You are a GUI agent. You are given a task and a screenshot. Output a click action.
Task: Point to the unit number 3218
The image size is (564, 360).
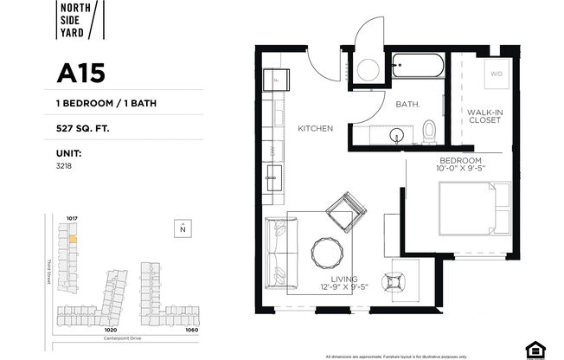(62, 164)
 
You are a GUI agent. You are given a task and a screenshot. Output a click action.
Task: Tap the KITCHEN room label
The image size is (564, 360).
(315, 129)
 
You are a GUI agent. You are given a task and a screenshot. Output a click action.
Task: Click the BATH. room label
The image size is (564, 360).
(407, 105)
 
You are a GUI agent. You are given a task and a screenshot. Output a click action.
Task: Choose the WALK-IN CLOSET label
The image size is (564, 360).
(485, 116)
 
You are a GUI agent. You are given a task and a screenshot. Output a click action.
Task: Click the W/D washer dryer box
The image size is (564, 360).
(497, 74)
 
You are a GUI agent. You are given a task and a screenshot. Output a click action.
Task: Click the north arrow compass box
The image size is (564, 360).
(182, 228)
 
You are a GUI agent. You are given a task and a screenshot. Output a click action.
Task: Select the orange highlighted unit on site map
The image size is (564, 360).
(73, 238)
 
